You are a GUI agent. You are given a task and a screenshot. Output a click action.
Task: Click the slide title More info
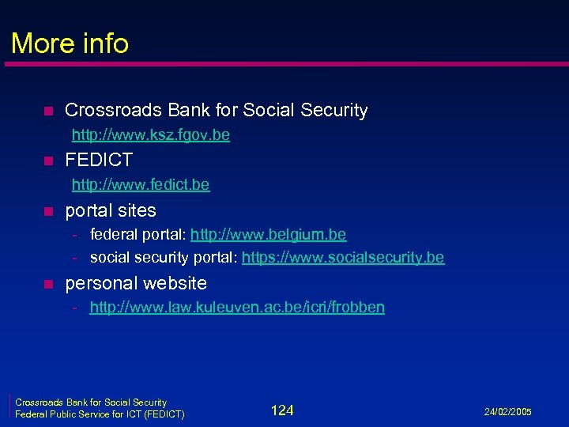(70, 43)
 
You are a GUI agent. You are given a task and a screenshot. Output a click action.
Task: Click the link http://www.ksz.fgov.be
(151, 135)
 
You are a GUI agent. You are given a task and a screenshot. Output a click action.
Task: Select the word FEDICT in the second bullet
(99, 161)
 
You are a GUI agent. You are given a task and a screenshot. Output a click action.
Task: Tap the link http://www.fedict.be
(141, 185)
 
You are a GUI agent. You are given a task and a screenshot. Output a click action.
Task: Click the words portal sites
(111, 210)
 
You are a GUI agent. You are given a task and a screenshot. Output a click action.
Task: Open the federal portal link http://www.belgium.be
(268, 235)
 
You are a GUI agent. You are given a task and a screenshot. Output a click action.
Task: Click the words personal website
(136, 283)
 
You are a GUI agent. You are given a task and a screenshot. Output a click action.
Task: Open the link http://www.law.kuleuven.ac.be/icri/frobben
(237, 308)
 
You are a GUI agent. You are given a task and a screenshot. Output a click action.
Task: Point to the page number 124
(282, 410)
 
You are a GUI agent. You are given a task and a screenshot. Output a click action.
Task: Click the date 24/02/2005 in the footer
(509, 412)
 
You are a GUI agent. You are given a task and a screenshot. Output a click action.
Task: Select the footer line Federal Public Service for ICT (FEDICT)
(100, 414)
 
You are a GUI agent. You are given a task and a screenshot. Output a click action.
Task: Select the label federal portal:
(138, 235)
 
